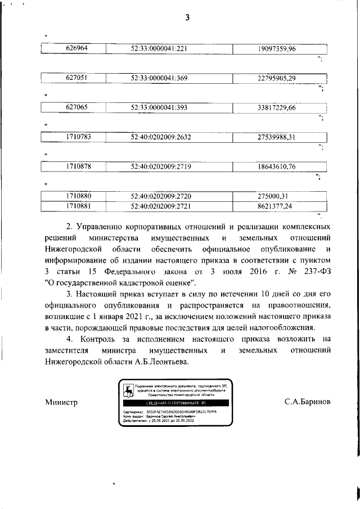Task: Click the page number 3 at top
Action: [x=188, y=17]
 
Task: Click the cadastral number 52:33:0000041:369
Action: [x=159, y=78]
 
